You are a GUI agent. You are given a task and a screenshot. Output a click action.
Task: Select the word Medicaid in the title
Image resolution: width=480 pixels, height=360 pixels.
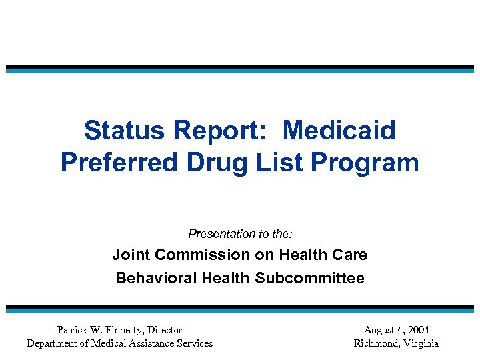339,131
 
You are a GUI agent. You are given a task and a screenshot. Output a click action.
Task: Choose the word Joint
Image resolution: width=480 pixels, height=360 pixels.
130,255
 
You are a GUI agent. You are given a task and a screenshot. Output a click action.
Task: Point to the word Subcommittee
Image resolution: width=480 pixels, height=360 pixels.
309,278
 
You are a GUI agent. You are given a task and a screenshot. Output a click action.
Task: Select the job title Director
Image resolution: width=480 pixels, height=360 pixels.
165,330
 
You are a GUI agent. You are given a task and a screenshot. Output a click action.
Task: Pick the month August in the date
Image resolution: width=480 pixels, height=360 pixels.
379,330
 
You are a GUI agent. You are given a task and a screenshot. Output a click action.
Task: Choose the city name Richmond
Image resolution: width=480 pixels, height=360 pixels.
376,343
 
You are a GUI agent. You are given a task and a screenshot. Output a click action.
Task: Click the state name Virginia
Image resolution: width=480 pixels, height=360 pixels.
420,343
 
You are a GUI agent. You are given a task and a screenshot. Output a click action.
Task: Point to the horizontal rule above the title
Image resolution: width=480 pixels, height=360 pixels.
240,68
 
